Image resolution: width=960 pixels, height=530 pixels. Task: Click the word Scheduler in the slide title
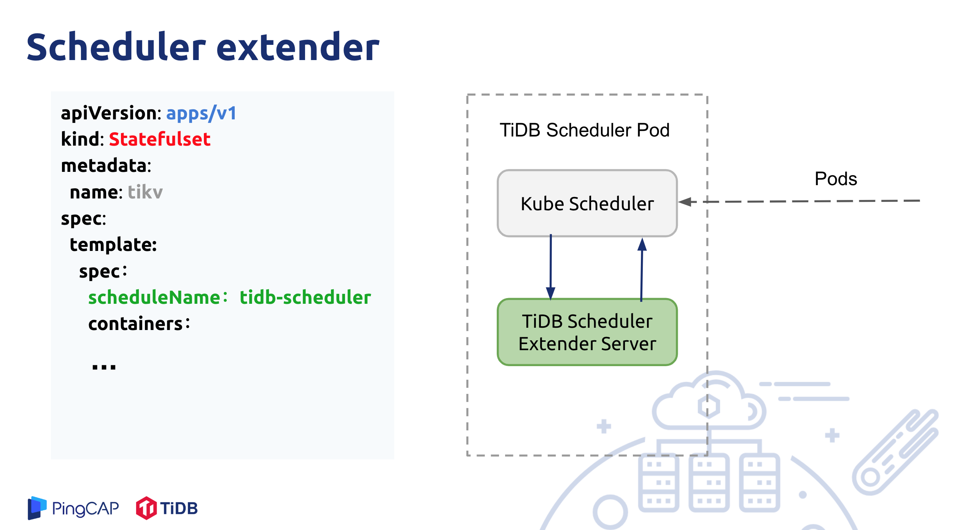click(116, 47)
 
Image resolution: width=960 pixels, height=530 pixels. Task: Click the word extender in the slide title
click(298, 47)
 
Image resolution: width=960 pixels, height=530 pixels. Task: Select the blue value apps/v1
click(201, 113)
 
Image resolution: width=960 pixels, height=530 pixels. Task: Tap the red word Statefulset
click(159, 139)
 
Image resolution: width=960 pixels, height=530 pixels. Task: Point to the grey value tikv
click(145, 192)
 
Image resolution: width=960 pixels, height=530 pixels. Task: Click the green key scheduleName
click(154, 297)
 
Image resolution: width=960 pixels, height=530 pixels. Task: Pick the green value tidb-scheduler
click(305, 297)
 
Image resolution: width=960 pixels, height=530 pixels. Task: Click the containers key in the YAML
click(136, 324)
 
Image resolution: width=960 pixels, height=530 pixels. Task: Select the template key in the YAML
click(113, 244)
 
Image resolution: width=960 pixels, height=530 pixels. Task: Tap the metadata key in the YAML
click(106, 166)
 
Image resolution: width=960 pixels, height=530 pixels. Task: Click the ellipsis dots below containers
click(104, 367)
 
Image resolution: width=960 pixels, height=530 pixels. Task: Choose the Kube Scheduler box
click(587, 203)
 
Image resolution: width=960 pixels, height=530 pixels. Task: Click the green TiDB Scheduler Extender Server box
click(587, 332)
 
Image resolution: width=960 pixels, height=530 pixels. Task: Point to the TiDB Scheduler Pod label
click(584, 130)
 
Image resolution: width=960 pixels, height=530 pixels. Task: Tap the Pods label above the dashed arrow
click(836, 179)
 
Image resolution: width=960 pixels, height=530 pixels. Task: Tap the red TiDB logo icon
click(146, 508)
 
